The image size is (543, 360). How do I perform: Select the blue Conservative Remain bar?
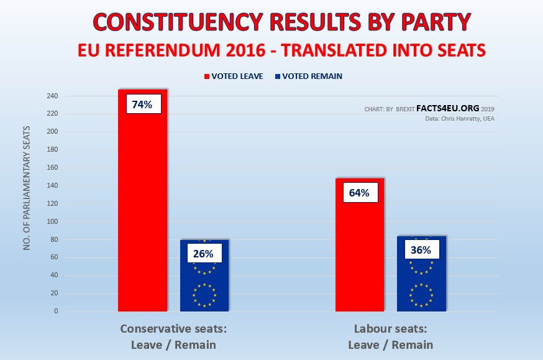(x=204, y=280)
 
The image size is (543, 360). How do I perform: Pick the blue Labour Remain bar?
(x=421, y=280)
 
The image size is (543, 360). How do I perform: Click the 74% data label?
(x=142, y=104)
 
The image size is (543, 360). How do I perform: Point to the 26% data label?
(x=204, y=254)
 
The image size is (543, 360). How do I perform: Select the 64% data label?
(x=359, y=193)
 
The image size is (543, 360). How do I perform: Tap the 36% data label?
(x=421, y=250)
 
